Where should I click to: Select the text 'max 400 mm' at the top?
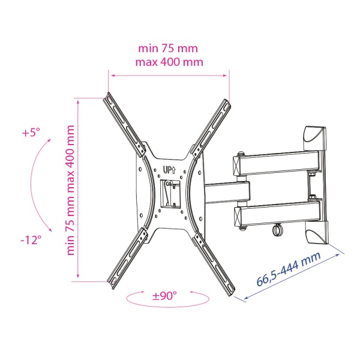[170, 62]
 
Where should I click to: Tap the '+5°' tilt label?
[30, 133]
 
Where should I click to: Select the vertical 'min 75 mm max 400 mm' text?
[71, 190]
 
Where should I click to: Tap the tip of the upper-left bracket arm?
[110, 97]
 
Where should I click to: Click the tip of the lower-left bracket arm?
[114, 283]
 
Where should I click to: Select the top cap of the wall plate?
[316, 136]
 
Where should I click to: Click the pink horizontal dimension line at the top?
[169, 75]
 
